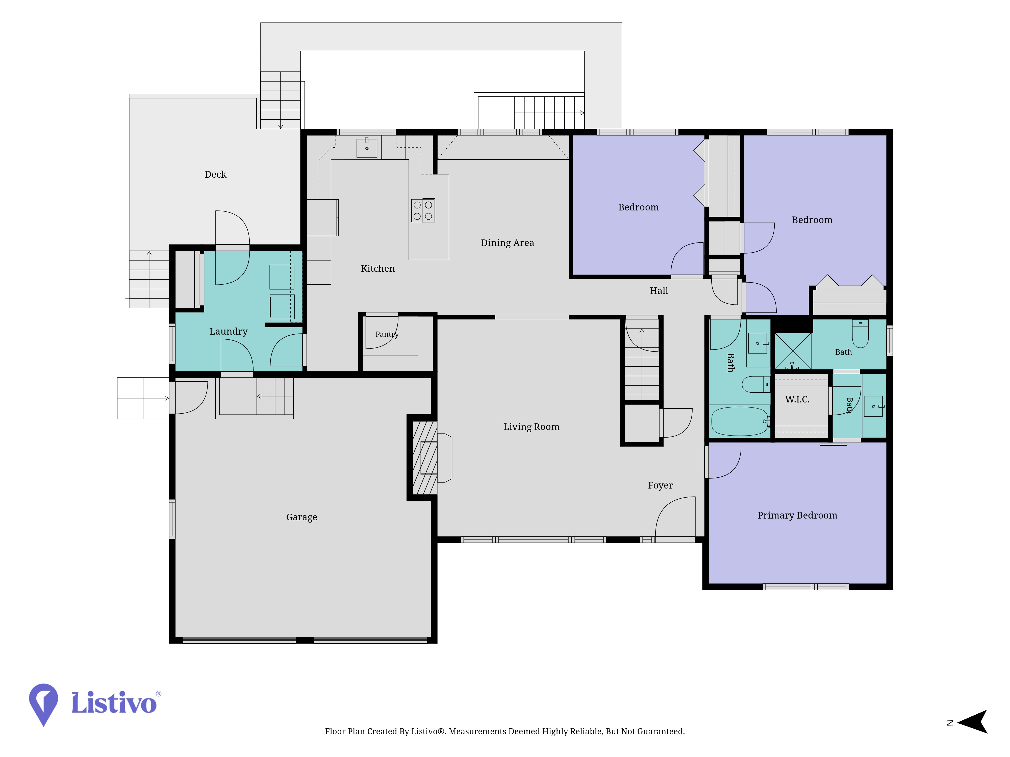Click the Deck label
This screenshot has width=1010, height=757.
pyautogui.click(x=216, y=174)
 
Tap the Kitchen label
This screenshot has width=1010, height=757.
pyautogui.click(x=377, y=268)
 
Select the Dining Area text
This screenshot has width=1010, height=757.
pyautogui.click(x=507, y=243)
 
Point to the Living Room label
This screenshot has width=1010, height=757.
pyautogui.click(x=531, y=427)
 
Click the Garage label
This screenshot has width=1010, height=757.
pyautogui.click(x=301, y=517)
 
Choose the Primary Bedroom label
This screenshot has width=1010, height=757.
pyautogui.click(x=797, y=515)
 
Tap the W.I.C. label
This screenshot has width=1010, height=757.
pyautogui.click(x=797, y=399)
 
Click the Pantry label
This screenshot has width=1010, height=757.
pyautogui.click(x=387, y=334)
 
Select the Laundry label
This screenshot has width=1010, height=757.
pyautogui.click(x=228, y=331)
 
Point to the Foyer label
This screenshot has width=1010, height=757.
pyautogui.click(x=660, y=485)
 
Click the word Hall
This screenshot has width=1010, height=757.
pyautogui.click(x=659, y=291)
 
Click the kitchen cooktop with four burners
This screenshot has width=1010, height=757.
pyautogui.click(x=423, y=210)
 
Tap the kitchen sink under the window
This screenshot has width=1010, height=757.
pyautogui.click(x=367, y=147)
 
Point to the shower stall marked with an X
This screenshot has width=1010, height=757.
pyautogui.click(x=793, y=351)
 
